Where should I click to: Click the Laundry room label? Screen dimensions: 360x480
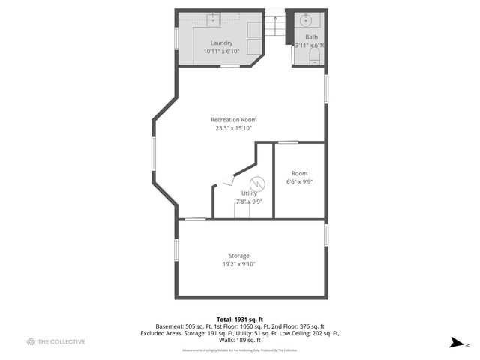pyautogui.click(x=221, y=43)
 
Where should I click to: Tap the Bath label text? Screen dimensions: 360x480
pyautogui.click(x=311, y=37)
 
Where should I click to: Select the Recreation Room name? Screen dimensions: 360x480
pyautogui.click(x=233, y=120)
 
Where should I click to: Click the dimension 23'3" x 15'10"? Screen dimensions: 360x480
pyautogui.click(x=233, y=128)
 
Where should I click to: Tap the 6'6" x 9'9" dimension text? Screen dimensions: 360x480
pyautogui.click(x=299, y=181)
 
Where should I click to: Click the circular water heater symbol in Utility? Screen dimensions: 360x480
pyautogui.click(x=257, y=182)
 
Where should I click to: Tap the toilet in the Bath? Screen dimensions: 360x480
pyautogui.click(x=314, y=61)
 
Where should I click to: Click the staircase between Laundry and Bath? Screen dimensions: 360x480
pyautogui.click(x=277, y=26)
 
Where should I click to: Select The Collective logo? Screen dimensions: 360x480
pyautogui.click(x=56, y=342)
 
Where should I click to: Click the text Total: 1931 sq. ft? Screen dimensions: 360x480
pyautogui.click(x=239, y=319)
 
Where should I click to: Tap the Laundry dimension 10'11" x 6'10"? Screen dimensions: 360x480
pyautogui.click(x=221, y=52)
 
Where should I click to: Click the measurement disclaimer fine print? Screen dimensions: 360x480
pyautogui.click(x=239, y=349)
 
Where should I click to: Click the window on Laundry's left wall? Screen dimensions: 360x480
pyautogui.click(x=176, y=37)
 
